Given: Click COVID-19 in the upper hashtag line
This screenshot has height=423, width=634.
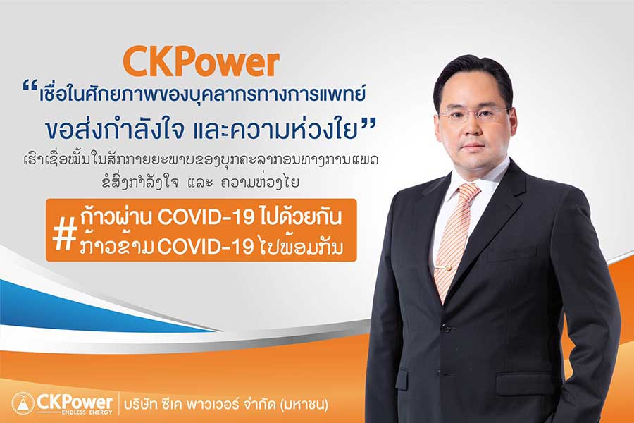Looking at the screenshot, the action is (x=206, y=217).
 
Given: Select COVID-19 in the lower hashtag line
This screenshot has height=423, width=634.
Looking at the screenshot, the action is (x=206, y=247).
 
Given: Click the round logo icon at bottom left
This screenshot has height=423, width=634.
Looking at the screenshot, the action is (x=23, y=403).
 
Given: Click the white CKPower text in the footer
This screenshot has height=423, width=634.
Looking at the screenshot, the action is (x=75, y=402).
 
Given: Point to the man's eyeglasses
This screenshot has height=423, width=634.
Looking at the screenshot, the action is (x=474, y=114).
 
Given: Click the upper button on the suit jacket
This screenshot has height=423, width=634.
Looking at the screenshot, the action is (x=446, y=327).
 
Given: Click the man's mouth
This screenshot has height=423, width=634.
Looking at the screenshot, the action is (x=473, y=146).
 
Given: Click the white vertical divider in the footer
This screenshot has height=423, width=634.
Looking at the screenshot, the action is (x=119, y=403).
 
